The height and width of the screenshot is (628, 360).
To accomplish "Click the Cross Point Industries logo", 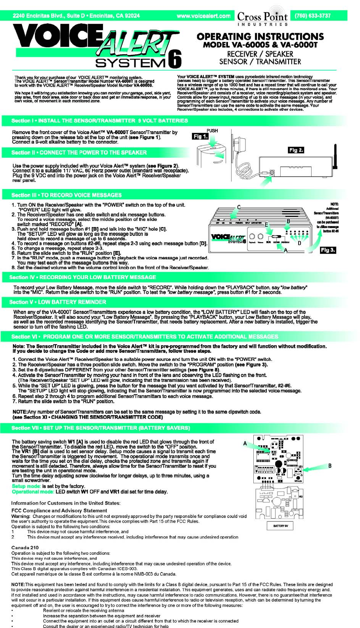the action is tap(262, 17).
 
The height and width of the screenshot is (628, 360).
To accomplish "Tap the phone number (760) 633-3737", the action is tap(312, 16).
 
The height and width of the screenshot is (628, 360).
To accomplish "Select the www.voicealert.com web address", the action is tap(203, 16).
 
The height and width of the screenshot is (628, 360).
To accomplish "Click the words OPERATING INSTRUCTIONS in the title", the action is tap(260, 36).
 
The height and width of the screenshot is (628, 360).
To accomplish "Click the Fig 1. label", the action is tap(200, 137).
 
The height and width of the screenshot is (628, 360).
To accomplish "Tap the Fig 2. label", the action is tap(296, 150).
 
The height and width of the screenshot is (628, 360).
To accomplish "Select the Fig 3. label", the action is tap(328, 250).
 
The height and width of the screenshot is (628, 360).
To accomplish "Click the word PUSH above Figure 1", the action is tap(212, 130).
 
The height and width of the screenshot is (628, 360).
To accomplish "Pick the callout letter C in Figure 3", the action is tap(239, 207).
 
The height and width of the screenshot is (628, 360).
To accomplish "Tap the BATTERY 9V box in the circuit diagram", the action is tap(280, 526).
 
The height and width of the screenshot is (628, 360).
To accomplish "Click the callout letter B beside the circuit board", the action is tap(329, 466).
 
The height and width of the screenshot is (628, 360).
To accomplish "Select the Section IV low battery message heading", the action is tap(83, 277).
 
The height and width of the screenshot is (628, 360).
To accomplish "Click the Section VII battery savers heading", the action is tap(101, 428).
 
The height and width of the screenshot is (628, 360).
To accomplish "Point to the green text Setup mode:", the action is tap(26, 486).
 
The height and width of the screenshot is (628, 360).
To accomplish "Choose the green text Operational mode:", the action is tap(33, 492).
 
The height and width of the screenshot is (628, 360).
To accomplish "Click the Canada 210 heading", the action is tap(25, 548).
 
